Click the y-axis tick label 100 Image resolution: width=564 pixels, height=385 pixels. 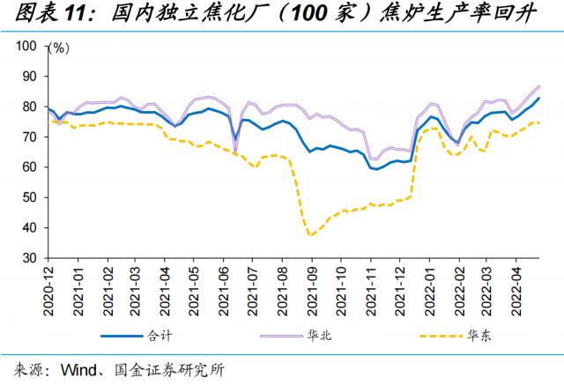tap(27, 46)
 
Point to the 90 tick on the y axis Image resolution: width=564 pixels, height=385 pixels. tap(31, 77)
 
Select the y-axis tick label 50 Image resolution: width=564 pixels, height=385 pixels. tap(31, 197)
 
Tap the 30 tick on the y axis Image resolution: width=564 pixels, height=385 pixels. tap(31, 258)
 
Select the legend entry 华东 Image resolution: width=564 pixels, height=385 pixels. tap(479, 335)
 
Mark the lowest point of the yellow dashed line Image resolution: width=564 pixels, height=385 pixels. tap(310, 235)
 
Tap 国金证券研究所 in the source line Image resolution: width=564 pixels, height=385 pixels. tap(168, 369)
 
